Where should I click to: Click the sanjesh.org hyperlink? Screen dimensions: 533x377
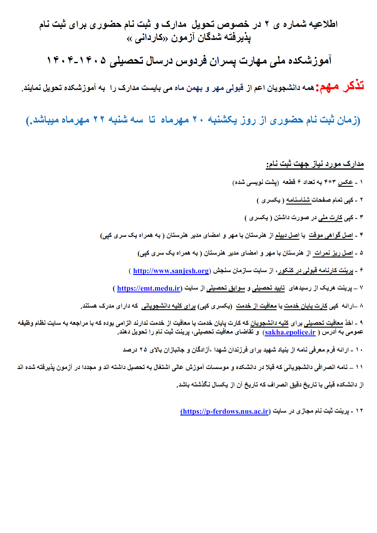pyautogui.click(x=171, y=271)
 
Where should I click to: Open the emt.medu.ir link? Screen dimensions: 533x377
pyautogui.click(x=148, y=288)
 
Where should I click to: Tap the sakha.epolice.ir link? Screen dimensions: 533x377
pyautogui.click(x=290, y=332)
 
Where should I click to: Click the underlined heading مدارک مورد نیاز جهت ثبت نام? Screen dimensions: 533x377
pyautogui.click(x=315, y=164)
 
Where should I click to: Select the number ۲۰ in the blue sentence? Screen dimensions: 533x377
pyautogui.click(x=198, y=120)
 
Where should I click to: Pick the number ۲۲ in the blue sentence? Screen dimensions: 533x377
pyautogui.click(x=99, y=120)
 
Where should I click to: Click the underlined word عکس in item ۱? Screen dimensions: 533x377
pyautogui.click(x=345, y=182)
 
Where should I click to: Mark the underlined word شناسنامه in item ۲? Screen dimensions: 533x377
pyautogui.click(x=299, y=200)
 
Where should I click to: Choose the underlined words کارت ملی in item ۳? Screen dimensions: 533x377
pyautogui.click(x=330, y=218)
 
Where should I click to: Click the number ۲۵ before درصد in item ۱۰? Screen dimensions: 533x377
pyautogui.click(x=143, y=350)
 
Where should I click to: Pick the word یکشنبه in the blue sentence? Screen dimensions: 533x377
pyautogui.click(x=222, y=120)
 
